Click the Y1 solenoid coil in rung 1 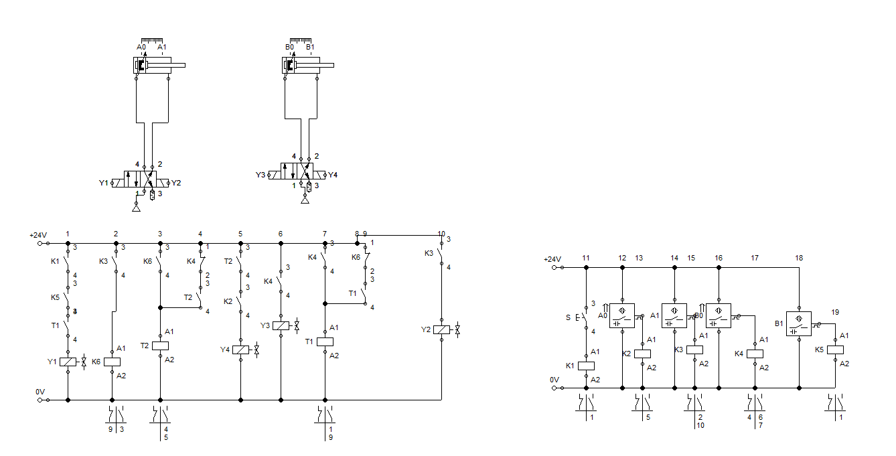(x=68, y=362)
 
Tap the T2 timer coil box (x=160, y=346)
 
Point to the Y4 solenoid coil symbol (x=240, y=350)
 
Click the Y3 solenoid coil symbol (x=281, y=326)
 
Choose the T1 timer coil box (x=325, y=341)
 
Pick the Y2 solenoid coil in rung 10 (x=441, y=329)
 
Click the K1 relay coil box (x=586, y=366)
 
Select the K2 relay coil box (x=642, y=354)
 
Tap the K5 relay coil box (x=835, y=350)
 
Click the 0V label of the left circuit (x=40, y=392)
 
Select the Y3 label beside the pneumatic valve (x=260, y=175)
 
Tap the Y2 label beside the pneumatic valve (x=176, y=183)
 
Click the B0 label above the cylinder (x=289, y=47)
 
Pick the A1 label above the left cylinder (x=161, y=47)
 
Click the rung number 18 (x=799, y=258)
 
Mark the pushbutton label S (x=568, y=317)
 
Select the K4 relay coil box (x=755, y=354)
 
